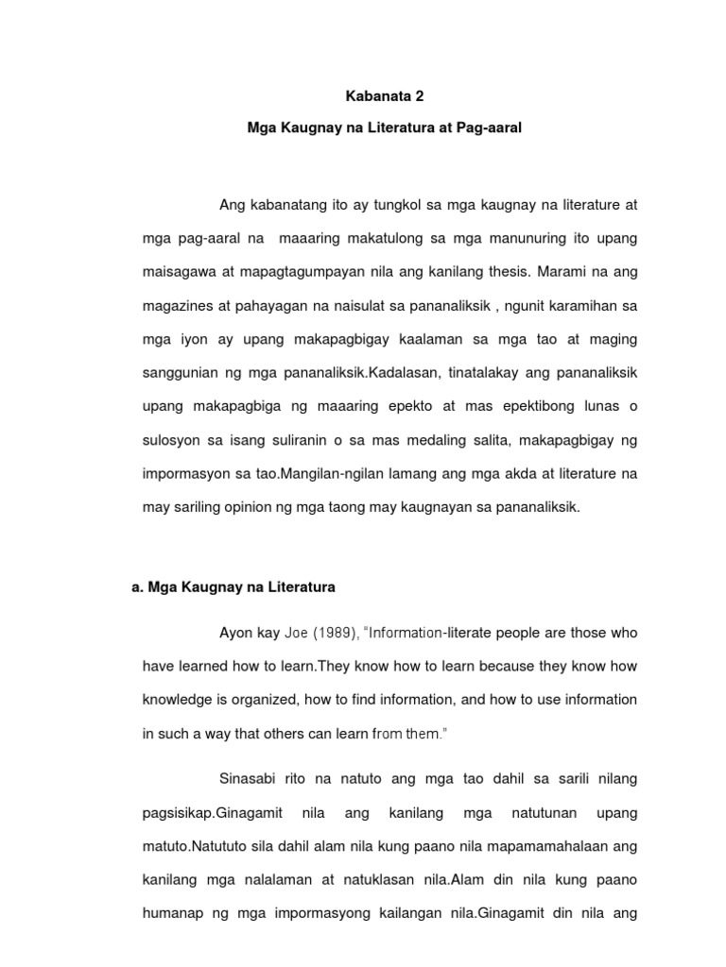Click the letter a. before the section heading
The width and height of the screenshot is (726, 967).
[137, 586]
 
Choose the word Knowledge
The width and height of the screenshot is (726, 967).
[178, 699]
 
